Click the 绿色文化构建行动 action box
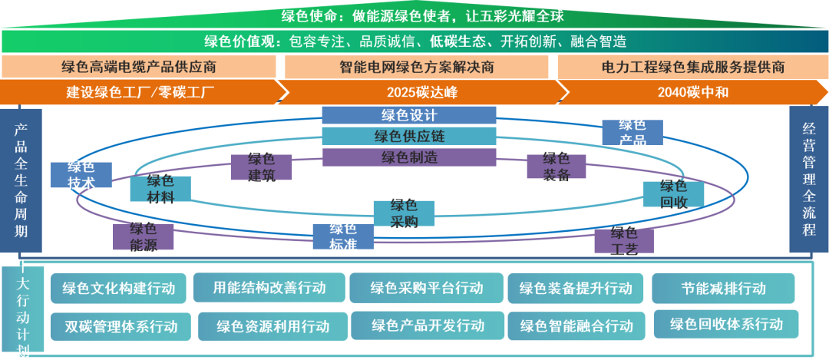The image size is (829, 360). tap(118, 289)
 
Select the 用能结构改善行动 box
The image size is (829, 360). tap(269, 288)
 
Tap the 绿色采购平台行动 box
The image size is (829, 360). tap(427, 288)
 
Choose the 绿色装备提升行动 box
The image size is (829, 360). tap(576, 288)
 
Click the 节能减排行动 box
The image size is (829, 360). tap(723, 288)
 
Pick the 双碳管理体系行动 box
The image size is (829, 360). tap(121, 326)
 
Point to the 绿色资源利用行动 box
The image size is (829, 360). tap(273, 325)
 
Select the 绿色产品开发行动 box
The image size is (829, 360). tap(428, 325)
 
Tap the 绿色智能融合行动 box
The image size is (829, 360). tap(576, 325)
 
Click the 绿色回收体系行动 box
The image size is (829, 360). tap(726, 323)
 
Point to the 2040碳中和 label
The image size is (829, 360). tap(693, 93)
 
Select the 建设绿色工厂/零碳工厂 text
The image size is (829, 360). tap(140, 93)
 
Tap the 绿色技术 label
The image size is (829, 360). tap(81, 175)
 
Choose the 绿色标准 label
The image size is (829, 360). tap(343, 236)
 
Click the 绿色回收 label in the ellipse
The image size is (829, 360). tap(673, 194)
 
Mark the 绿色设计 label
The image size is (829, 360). tap(409, 116)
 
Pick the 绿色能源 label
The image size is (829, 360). tap(144, 236)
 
